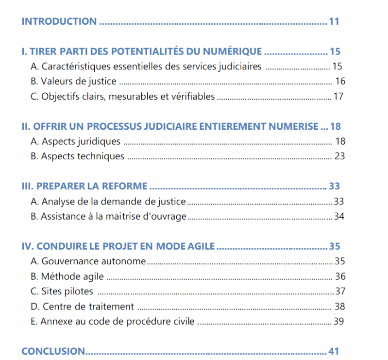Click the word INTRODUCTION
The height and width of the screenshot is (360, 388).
click(59, 21)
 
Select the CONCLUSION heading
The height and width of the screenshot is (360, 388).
click(53, 351)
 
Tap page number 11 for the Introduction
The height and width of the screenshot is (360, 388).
click(334, 21)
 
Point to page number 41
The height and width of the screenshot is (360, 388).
click(334, 351)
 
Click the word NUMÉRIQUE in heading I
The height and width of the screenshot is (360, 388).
click(235, 51)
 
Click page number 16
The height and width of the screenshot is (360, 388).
click(340, 81)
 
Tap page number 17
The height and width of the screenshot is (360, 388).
click(338, 96)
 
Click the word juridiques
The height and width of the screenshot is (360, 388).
click(99, 142)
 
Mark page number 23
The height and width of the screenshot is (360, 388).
click(340, 156)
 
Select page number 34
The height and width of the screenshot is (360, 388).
click(339, 216)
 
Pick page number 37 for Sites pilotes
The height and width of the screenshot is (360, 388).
click(340, 291)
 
